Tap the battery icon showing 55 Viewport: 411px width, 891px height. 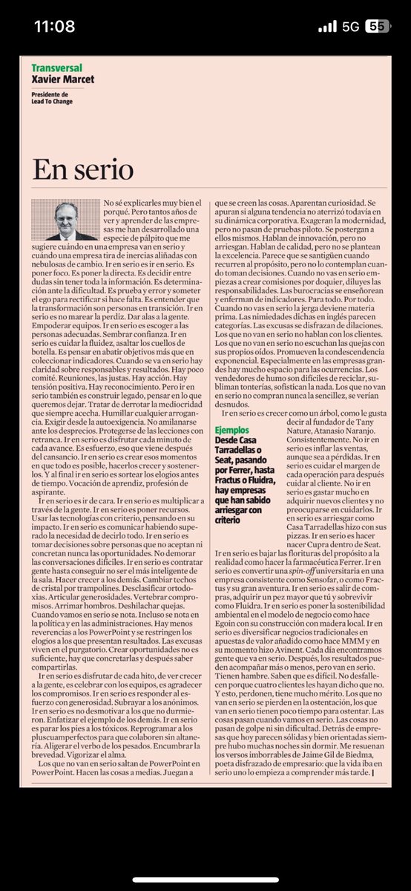[380, 26]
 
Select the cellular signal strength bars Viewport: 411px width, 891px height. [326, 26]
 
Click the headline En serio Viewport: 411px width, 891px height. [82, 170]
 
